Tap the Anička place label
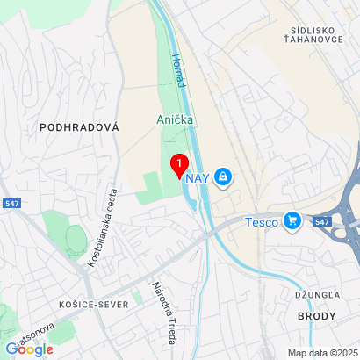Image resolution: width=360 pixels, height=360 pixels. tap(176, 119)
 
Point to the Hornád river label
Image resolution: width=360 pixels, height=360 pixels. tap(180, 68)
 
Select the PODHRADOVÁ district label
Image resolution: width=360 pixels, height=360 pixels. tap(79, 127)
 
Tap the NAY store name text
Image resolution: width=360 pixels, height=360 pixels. tap(197, 178)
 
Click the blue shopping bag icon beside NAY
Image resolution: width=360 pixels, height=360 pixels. tap(224, 177)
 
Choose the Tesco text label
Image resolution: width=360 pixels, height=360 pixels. tap(261, 222)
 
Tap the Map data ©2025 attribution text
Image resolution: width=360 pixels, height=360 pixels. tap(322, 353)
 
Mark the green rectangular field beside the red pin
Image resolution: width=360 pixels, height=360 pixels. tap(152, 184)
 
